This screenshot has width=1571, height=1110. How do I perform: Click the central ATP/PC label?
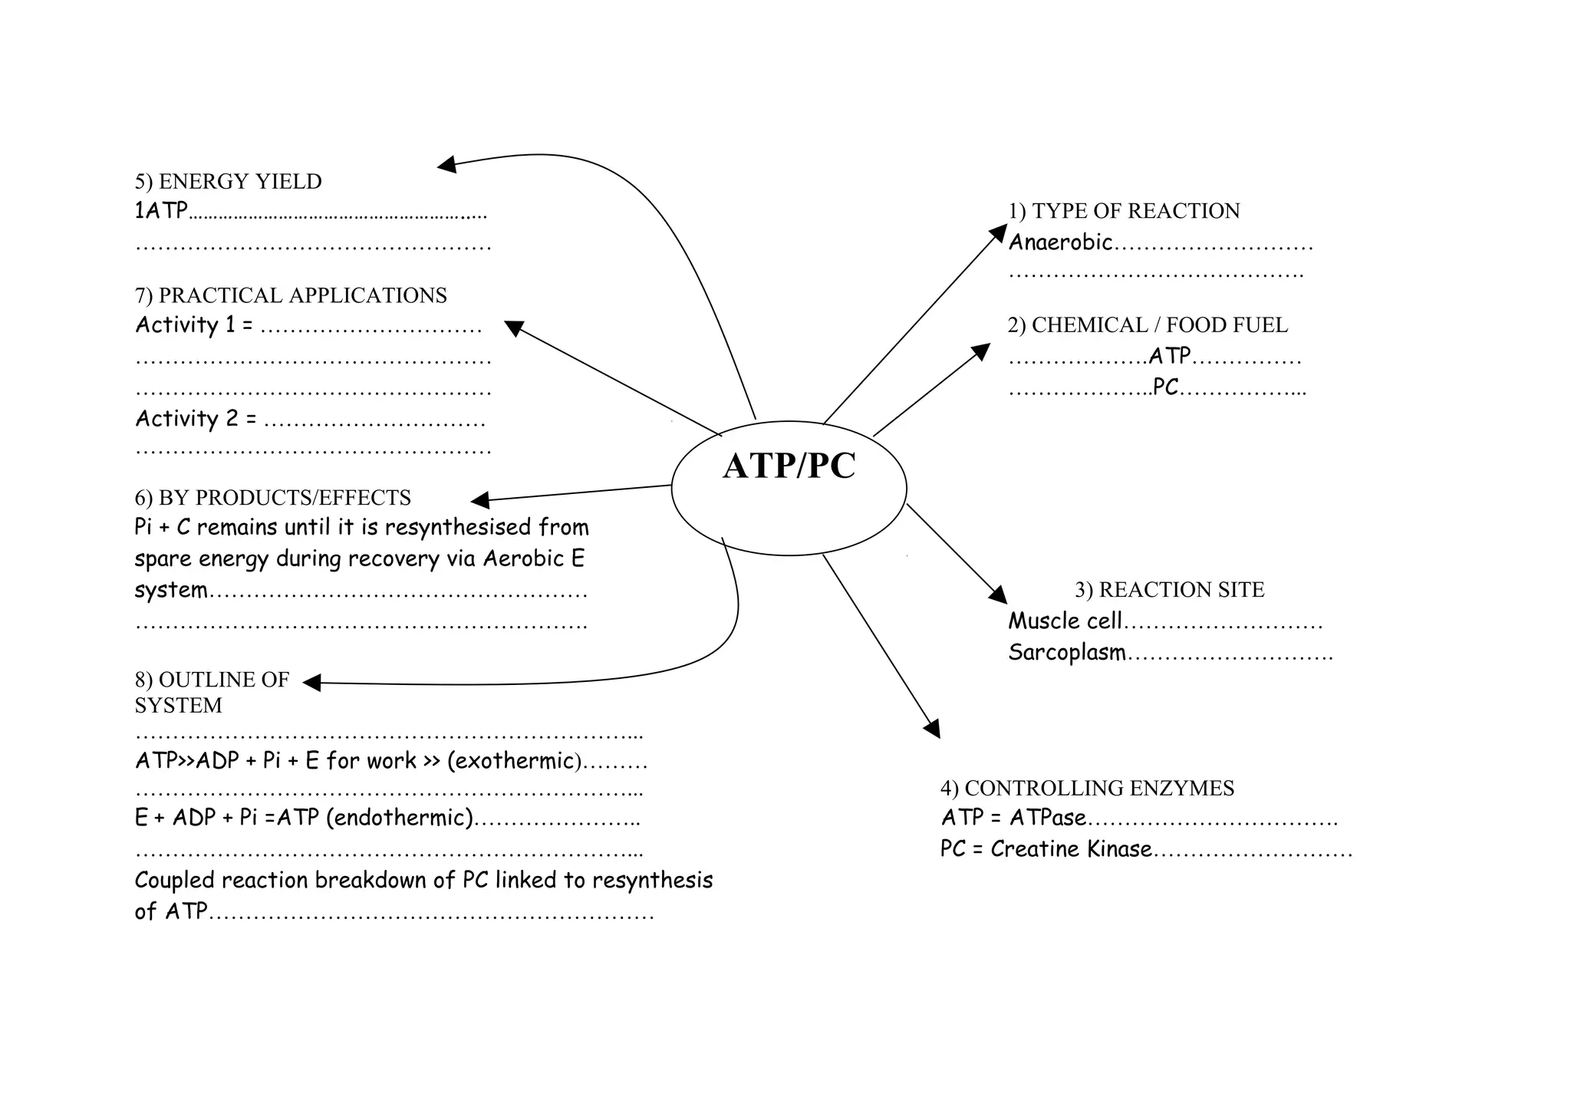tap(789, 466)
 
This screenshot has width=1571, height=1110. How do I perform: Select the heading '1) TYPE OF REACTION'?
tap(1124, 211)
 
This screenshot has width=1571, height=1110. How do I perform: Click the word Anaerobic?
tap(1060, 242)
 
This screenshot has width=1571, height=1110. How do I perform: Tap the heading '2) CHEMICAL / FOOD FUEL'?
tap(1148, 325)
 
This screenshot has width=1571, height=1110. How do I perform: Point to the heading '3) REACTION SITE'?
tap(1169, 590)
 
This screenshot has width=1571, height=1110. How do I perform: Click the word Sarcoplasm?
tap(1067, 653)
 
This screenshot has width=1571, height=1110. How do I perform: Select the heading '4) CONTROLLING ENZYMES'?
tap(1087, 788)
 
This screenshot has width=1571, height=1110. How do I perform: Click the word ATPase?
tap(1048, 818)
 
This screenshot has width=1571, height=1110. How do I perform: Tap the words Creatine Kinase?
tap(1071, 849)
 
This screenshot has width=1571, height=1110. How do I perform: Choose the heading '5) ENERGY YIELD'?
tap(228, 182)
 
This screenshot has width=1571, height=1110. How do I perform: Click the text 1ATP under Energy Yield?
tap(161, 211)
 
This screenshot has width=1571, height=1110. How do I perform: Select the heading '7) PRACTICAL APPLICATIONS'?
tap(291, 295)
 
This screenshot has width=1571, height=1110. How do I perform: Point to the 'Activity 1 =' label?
tap(194, 325)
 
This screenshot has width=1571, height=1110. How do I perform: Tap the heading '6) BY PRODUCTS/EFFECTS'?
tap(272, 498)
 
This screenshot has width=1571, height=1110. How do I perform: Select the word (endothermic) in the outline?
tap(400, 818)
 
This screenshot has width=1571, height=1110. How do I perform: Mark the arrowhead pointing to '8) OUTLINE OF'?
tap(311, 682)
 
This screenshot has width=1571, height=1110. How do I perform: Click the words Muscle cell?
tap(1065, 621)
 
